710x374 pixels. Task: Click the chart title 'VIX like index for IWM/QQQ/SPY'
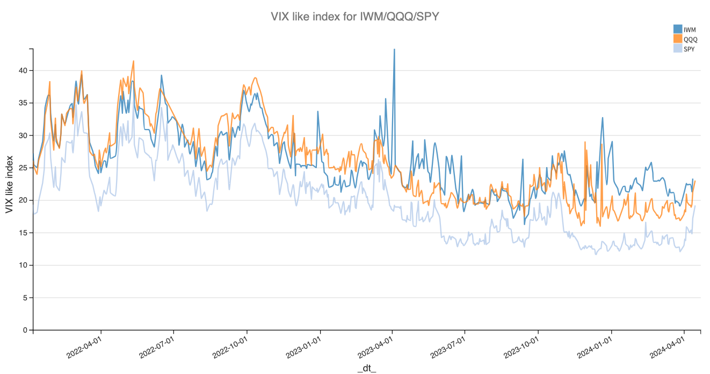(x=355, y=17)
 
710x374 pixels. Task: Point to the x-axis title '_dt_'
(x=367, y=368)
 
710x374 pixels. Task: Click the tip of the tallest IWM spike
(x=394, y=49)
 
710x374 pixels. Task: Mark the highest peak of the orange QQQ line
(x=133, y=61)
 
